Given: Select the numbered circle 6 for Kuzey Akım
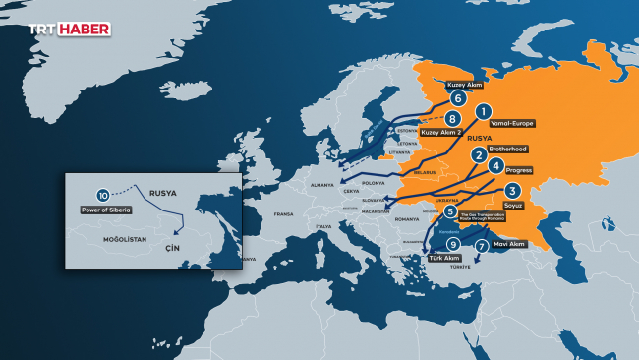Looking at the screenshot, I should pyautogui.click(x=457, y=98).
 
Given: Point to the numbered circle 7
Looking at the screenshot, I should pyautogui.click(x=481, y=246).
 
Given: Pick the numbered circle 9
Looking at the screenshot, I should pyautogui.click(x=452, y=244).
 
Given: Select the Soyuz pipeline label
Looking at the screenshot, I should pyautogui.click(x=513, y=206).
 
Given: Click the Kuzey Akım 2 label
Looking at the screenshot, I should pyautogui.click(x=441, y=131).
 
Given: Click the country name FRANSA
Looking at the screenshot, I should pyautogui.click(x=284, y=213).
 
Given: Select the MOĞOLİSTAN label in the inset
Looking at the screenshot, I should pyautogui.click(x=117, y=238).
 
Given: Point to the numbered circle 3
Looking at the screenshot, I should pyautogui.click(x=512, y=191).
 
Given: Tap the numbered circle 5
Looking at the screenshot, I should pyautogui.click(x=450, y=211).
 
